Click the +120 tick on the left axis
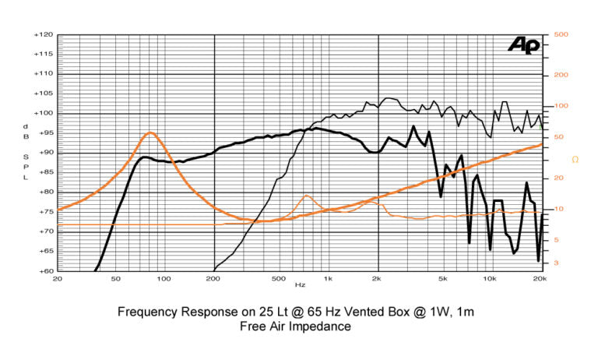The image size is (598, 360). [42, 35]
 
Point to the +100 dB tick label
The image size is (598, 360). [42, 114]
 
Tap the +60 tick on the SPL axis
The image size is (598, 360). [44, 271]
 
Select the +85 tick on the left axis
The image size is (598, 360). [44, 173]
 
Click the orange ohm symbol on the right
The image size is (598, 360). [575, 159]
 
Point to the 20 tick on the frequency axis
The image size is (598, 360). [57, 279]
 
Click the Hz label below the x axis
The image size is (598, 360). [300, 286]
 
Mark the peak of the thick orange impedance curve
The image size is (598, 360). [150, 132]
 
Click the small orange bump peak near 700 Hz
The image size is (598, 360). [307, 196]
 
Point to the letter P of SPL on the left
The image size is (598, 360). [25, 165]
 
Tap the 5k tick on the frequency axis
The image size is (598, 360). [442, 279]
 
